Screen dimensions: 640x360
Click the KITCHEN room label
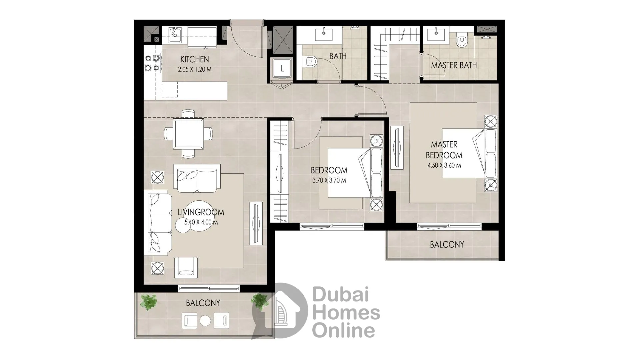pyautogui.click(x=195, y=59)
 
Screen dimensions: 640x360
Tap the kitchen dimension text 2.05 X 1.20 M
pyautogui.click(x=195, y=70)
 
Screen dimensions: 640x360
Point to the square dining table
pyautogui.click(x=188, y=134)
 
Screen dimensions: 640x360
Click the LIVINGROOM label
pyautogui.click(x=201, y=212)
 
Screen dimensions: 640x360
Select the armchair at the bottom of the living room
pyautogui.click(x=186, y=268)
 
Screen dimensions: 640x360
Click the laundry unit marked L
pyautogui.click(x=282, y=69)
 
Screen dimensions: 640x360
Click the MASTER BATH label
pyautogui.click(x=454, y=65)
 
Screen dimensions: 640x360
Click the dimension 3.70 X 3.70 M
pyautogui.click(x=329, y=181)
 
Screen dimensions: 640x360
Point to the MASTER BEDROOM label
pyautogui.click(x=444, y=150)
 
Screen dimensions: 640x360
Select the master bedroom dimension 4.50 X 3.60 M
pyautogui.click(x=444, y=165)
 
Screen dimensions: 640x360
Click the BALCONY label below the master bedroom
pyautogui.click(x=447, y=245)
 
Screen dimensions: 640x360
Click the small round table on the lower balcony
pyautogui.click(x=205, y=321)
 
